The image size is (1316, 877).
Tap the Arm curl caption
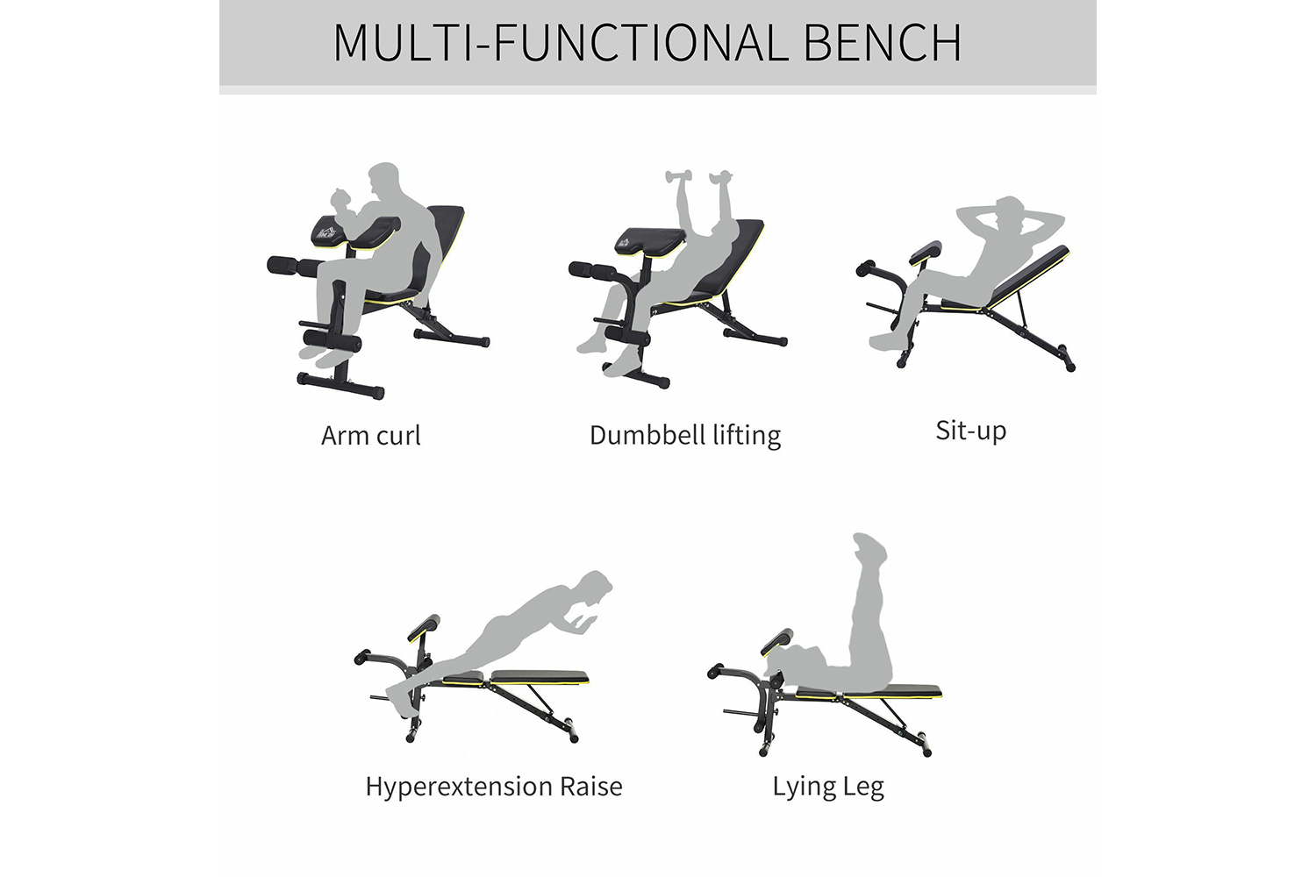coord(370,436)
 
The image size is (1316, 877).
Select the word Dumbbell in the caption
coord(647,435)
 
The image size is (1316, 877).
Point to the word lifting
coord(746,436)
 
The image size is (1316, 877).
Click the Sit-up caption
coord(970,431)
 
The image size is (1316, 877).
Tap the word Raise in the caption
coord(591,787)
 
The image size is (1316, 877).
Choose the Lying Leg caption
coord(828,787)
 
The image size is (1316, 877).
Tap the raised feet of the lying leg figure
coord(869,548)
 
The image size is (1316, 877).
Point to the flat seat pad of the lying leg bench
coord(890,692)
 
